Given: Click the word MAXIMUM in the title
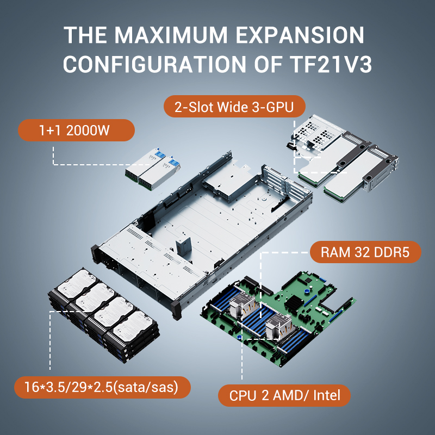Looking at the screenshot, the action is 171,35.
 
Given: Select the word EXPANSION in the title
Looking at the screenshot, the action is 300,35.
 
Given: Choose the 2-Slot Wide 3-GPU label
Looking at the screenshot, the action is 234,107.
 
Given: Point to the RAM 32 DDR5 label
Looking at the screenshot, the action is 365,252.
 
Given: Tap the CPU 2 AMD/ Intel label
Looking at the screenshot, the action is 284,395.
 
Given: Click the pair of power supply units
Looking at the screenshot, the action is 153,169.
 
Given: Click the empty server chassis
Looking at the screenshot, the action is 202,233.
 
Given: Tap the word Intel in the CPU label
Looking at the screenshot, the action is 327,395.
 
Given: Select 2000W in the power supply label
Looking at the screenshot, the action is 88,130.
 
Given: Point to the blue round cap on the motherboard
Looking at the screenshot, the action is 306,291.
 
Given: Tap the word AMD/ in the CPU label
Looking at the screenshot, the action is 290,395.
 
